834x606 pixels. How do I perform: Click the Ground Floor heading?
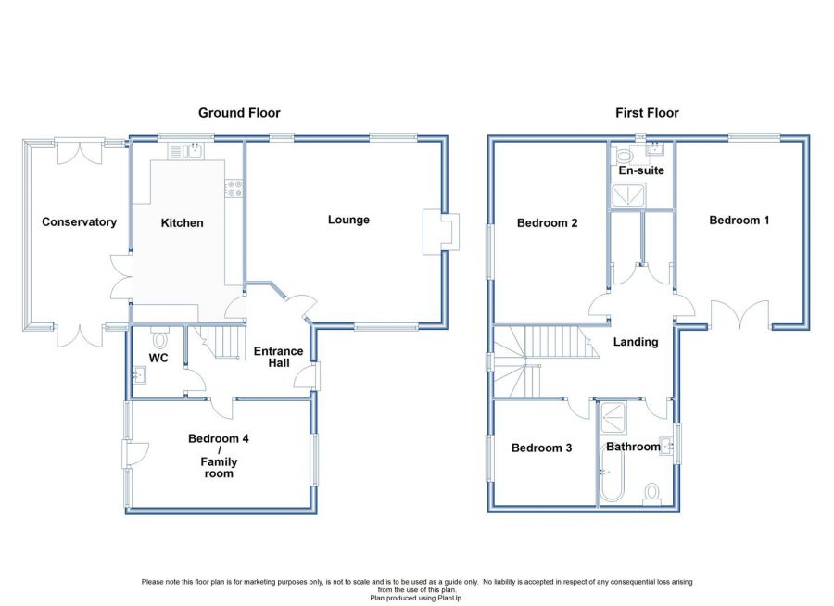point(239,113)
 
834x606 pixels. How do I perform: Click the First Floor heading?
point(647,113)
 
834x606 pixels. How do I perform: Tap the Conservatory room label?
point(80,221)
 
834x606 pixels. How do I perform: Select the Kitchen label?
point(182,223)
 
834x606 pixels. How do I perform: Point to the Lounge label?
point(348,220)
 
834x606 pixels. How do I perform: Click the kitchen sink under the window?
point(185,151)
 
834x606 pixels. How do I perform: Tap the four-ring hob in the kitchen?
point(234,188)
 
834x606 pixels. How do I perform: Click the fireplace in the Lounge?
point(441,232)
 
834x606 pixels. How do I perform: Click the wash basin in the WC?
point(139,375)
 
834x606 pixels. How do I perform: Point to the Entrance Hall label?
point(278,357)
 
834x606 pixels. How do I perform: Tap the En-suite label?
point(641,170)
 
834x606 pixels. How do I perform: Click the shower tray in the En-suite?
point(628,196)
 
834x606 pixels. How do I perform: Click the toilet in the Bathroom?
point(651,494)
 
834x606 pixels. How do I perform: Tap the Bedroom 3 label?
point(541,448)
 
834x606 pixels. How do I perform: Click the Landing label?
point(636,342)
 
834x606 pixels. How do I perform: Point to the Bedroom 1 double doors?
point(739,315)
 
